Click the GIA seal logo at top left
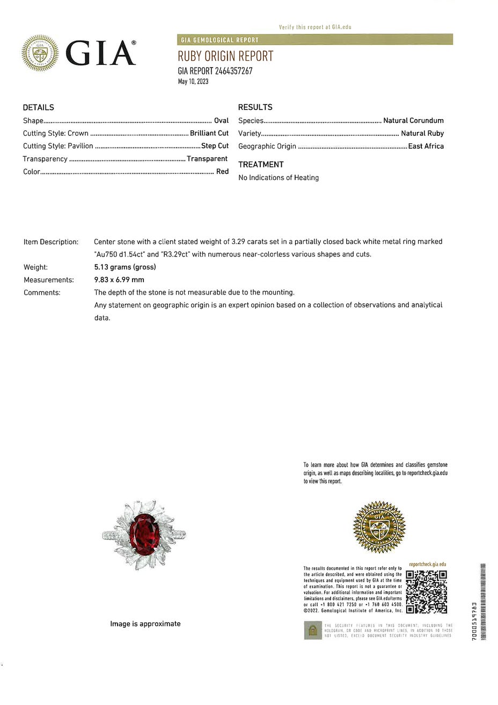(40, 53)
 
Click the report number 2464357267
(233, 71)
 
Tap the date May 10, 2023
(193, 82)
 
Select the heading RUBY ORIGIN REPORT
(225, 56)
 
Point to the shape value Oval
(221, 121)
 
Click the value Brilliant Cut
(209, 133)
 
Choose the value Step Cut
(215, 146)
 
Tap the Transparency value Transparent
(207, 159)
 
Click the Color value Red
(222, 172)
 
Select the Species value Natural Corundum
(413, 121)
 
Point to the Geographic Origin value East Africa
(426, 146)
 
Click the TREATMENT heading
(261, 165)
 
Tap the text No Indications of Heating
(279, 178)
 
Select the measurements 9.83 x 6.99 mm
(119, 280)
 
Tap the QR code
(427, 592)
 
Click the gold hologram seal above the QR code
(379, 527)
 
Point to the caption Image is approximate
(145, 623)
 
